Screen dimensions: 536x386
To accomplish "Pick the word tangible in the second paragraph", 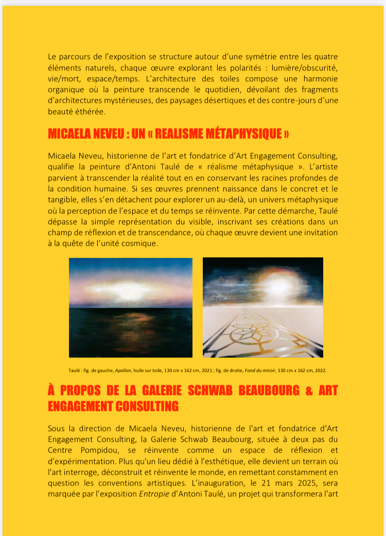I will pyautogui.click(x=65, y=200).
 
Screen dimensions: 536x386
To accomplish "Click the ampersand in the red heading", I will pyautogui.click(x=309, y=390).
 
